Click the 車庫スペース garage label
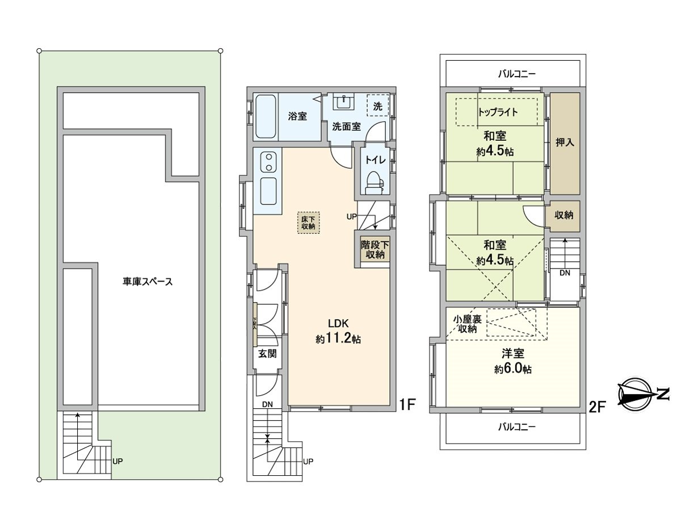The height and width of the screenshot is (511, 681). click(x=147, y=281)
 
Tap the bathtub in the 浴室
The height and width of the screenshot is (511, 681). click(x=266, y=116)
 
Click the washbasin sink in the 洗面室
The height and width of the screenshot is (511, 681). click(x=344, y=102)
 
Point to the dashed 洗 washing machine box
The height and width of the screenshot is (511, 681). click(x=378, y=105)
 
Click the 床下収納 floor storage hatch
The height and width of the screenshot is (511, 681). click(x=308, y=222)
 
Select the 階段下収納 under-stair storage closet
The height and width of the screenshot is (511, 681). click(x=375, y=250)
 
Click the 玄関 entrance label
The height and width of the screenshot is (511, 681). click(x=267, y=353)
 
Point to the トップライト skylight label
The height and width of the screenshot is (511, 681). click(x=498, y=111)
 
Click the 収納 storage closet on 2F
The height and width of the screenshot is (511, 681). click(x=564, y=215)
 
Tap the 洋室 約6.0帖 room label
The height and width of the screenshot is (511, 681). click(x=512, y=361)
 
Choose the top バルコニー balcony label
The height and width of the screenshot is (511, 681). click(x=516, y=73)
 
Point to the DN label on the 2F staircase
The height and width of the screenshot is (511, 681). click(x=565, y=273)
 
